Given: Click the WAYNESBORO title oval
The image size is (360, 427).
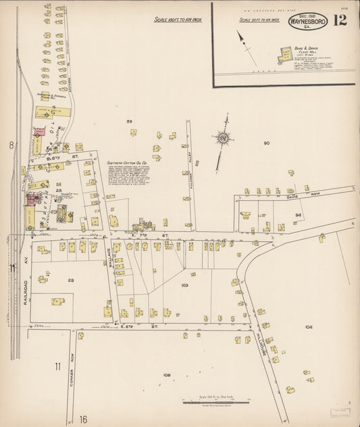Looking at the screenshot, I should (307, 20).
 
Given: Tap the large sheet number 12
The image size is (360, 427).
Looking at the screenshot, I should (340, 20).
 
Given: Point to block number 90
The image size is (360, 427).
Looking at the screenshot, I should (266, 143).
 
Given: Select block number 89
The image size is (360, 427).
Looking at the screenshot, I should (129, 121).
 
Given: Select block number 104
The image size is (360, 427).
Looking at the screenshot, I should (309, 326).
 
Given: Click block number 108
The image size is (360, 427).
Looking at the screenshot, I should (168, 374).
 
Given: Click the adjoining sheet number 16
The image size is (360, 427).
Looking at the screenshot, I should (83, 420).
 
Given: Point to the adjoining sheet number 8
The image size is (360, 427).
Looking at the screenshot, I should (11, 145).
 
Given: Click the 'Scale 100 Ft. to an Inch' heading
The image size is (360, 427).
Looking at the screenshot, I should (178, 20).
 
